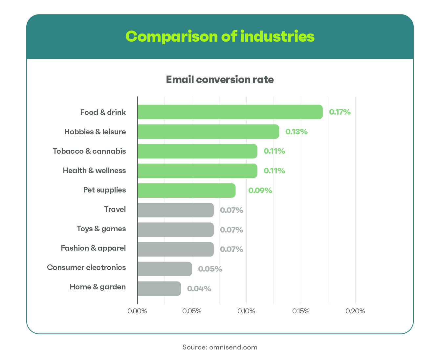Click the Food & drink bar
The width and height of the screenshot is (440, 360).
click(230, 112)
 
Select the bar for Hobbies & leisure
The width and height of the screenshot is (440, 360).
click(208, 132)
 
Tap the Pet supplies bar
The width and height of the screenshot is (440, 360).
click(186, 191)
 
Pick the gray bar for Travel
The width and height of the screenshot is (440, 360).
click(175, 210)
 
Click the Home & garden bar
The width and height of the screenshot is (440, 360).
click(159, 288)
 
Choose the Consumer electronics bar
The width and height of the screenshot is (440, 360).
click(165, 269)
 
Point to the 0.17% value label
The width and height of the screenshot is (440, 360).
click(340, 112)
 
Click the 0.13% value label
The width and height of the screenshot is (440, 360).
click(297, 132)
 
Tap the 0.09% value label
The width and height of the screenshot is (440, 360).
click(260, 191)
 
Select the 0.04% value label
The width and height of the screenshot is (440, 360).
click(199, 289)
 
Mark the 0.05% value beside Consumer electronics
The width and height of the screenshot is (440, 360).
click(210, 269)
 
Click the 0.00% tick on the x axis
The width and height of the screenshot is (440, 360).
click(137, 311)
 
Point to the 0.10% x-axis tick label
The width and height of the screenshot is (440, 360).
click(246, 311)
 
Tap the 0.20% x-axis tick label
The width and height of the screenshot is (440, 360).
click(355, 311)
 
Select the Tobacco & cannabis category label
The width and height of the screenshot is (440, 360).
click(89, 151)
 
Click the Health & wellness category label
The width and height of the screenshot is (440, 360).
click(94, 170)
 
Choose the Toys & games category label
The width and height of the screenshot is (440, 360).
click(101, 229)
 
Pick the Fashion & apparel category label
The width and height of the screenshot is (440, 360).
click(93, 248)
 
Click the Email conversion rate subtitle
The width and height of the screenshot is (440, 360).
click(220, 80)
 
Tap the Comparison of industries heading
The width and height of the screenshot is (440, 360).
click(220, 36)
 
